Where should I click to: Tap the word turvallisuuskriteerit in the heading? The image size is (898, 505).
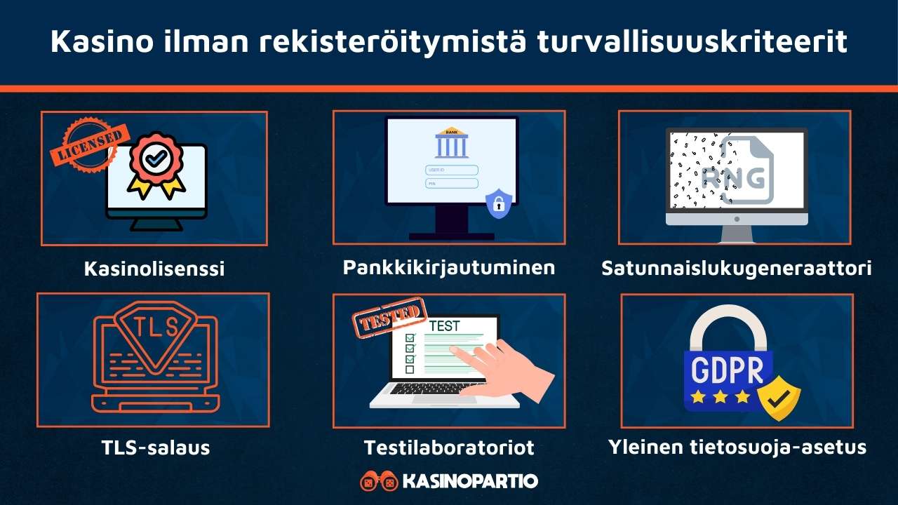(692, 41)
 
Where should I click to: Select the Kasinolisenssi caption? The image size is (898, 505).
(154, 268)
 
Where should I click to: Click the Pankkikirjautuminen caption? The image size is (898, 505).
(449, 267)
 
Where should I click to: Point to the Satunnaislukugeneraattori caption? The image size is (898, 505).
(737, 268)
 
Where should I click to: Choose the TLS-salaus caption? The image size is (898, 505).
(154, 447)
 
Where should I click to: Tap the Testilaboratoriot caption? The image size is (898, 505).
(449, 447)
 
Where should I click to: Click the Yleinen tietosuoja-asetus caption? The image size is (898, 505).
(737, 447)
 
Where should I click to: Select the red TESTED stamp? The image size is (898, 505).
(390, 319)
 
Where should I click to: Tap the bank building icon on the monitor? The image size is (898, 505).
(452, 143)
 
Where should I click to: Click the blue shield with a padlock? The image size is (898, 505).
(499, 203)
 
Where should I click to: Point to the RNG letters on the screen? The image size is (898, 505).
(740, 179)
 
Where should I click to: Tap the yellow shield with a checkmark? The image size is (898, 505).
(777, 398)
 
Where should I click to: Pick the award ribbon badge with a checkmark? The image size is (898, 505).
(156, 167)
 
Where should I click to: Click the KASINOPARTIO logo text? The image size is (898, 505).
(470, 481)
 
